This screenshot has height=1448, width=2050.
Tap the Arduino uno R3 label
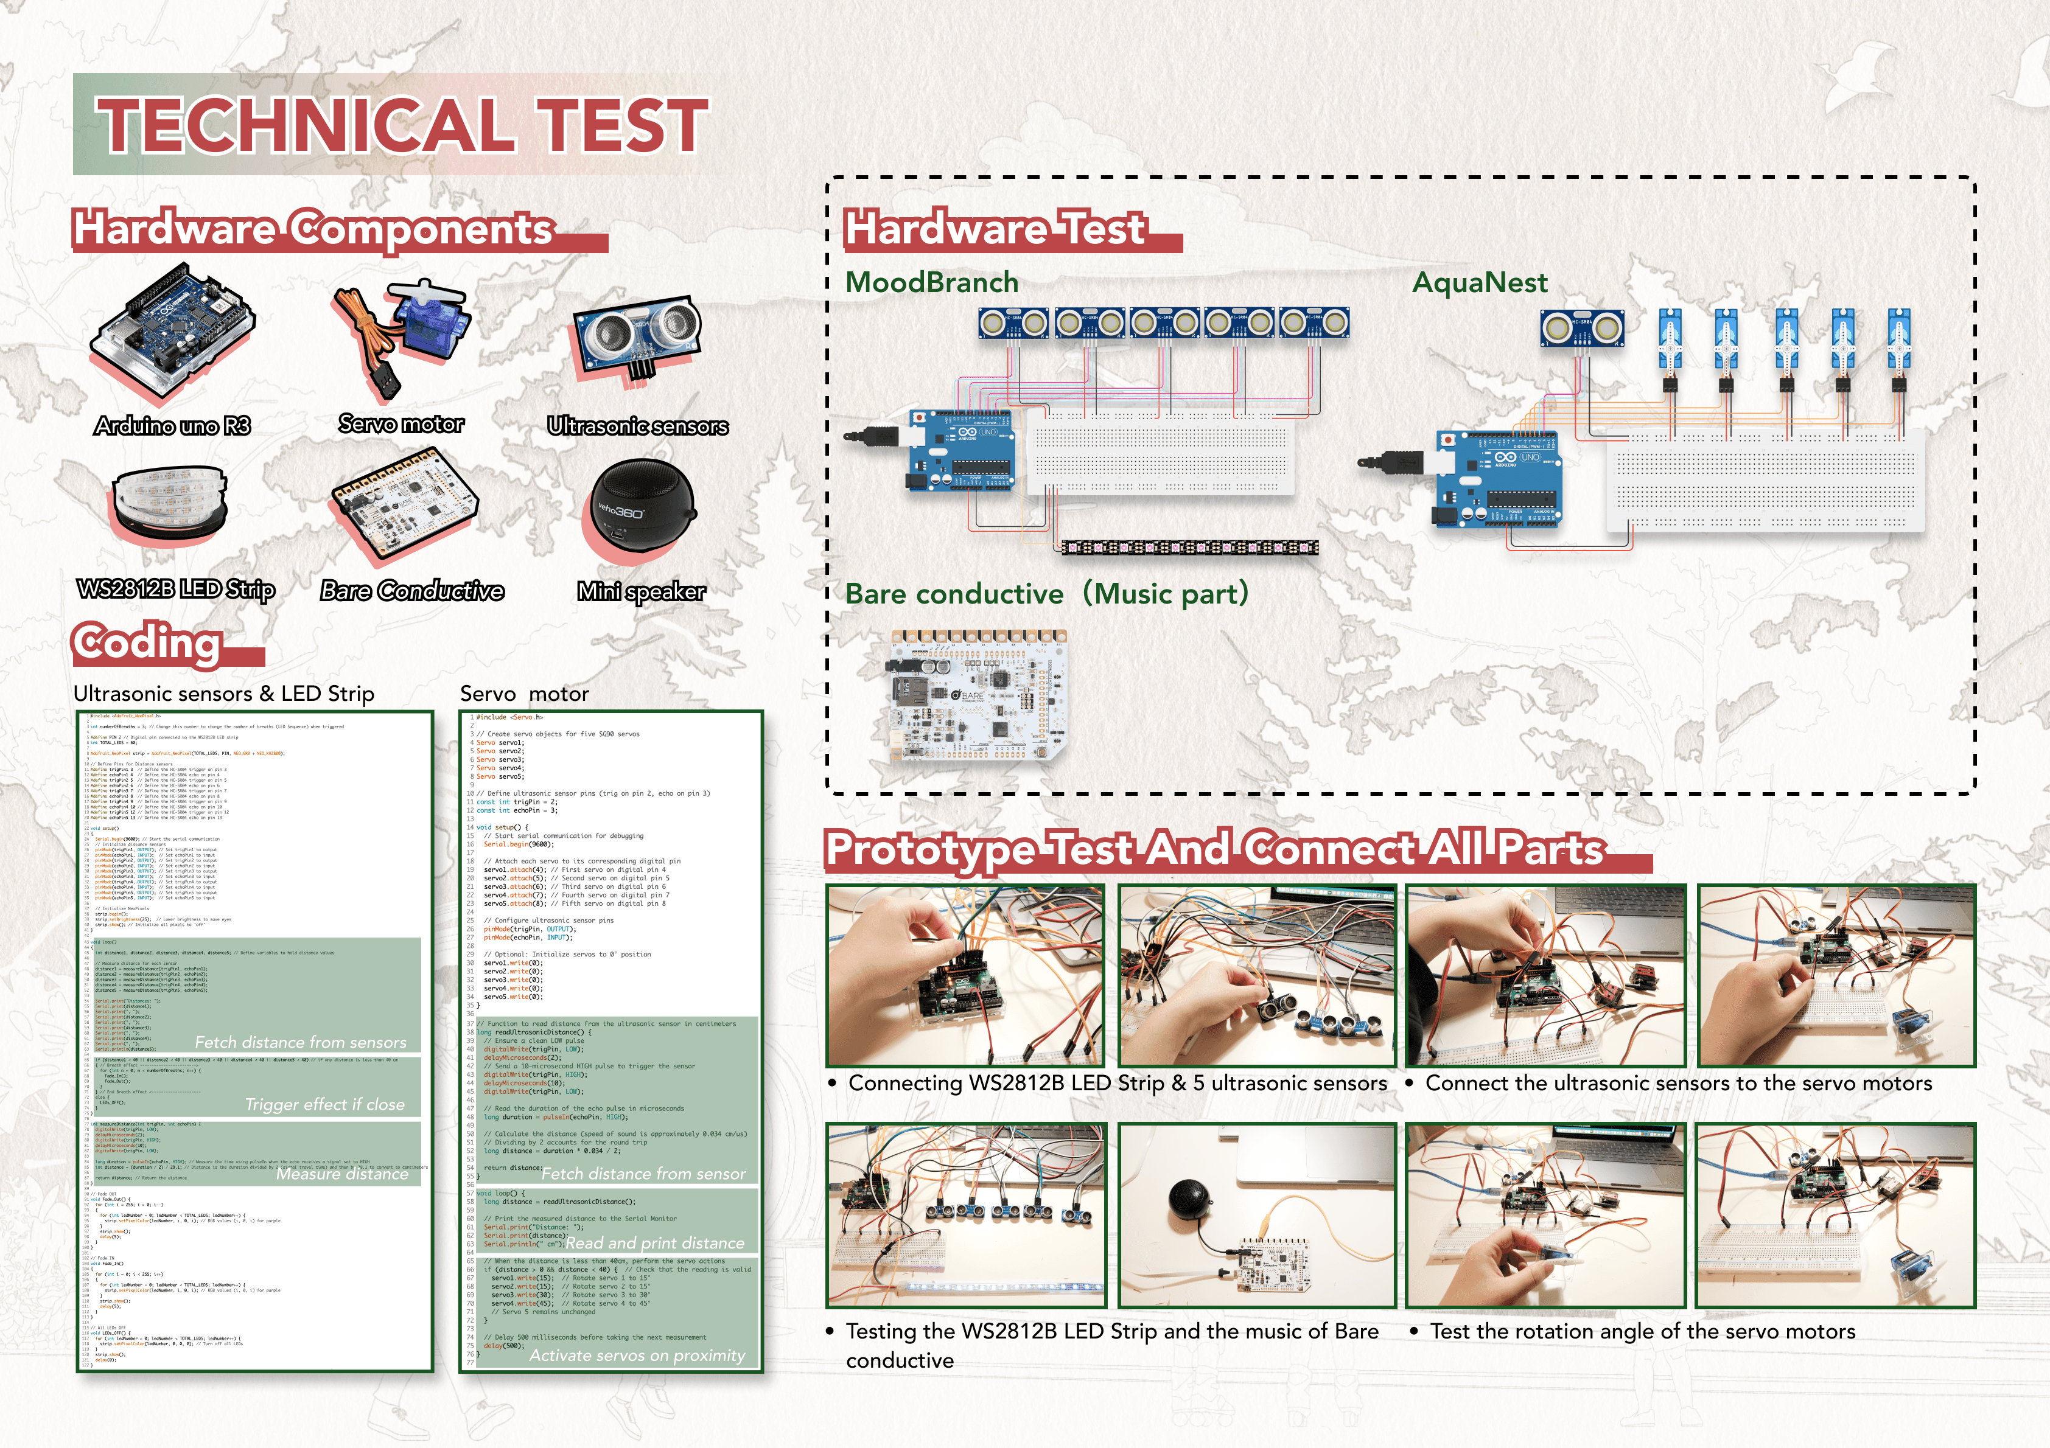pos(172,426)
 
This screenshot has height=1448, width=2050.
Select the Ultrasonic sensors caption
pos(637,426)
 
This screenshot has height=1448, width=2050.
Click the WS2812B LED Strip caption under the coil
pos(176,589)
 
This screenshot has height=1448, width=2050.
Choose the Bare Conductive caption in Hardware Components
pos(411,591)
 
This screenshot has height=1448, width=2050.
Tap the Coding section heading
pos(147,642)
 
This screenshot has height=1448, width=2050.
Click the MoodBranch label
pos(931,282)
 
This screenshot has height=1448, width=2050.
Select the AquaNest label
pos(1480,282)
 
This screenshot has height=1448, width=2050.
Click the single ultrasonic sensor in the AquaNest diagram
pos(1581,329)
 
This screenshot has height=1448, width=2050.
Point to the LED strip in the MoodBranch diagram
pos(1188,546)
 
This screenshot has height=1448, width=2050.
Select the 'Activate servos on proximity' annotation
pos(637,1355)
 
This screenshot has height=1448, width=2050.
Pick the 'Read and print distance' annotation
pos(654,1243)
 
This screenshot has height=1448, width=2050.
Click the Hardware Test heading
pos(995,229)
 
